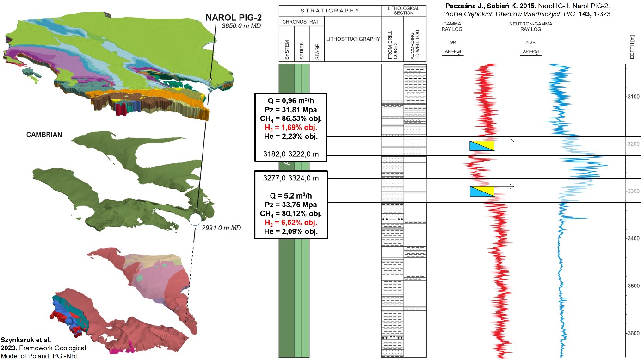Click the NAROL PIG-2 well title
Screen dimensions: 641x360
(x=234, y=18)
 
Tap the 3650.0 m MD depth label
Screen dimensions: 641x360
(x=241, y=26)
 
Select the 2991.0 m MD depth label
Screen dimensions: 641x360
(x=221, y=228)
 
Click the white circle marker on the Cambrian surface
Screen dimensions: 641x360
(x=196, y=219)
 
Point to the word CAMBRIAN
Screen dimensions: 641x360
(x=44, y=135)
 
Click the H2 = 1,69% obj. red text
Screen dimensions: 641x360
(x=291, y=128)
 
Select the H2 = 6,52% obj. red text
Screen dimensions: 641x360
(x=291, y=223)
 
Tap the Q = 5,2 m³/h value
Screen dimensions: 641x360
(x=291, y=196)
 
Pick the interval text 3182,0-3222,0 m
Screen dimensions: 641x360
(x=291, y=155)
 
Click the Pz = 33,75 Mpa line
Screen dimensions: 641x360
(x=291, y=205)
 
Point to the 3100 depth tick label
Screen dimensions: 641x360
(x=634, y=97)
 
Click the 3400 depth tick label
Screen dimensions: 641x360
(x=634, y=239)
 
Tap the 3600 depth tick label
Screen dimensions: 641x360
(x=634, y=333)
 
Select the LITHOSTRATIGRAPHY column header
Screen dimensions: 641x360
(x=353, y=39)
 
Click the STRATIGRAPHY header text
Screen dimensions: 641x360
(x=330, y=11)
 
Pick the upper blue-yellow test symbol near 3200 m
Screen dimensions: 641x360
(x=482, y=145)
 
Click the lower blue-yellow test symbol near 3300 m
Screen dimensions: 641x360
(x=482, y=191)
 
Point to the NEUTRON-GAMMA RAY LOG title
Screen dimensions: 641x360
(x=530, y=26)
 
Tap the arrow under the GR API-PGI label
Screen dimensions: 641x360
(x=453, y=55)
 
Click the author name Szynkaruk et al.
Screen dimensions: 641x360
(x=26, y=340)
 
